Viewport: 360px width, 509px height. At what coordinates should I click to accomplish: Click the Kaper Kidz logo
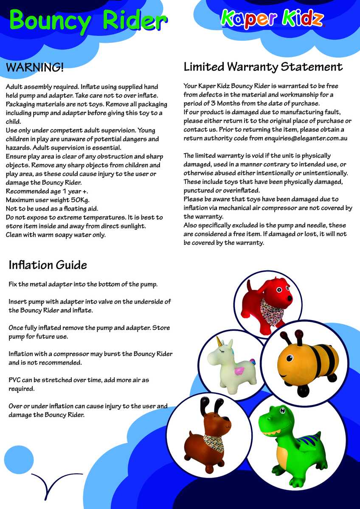click(x=272, y=19)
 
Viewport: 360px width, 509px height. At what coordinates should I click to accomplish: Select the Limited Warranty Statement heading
click(x=263, y=67)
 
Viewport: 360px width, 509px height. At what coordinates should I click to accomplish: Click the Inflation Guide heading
click(x=48, y=265)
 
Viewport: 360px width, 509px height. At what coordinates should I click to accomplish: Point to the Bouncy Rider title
click(x=87, y=20)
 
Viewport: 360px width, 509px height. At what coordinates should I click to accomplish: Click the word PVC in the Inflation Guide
click(x=16, y=380)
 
